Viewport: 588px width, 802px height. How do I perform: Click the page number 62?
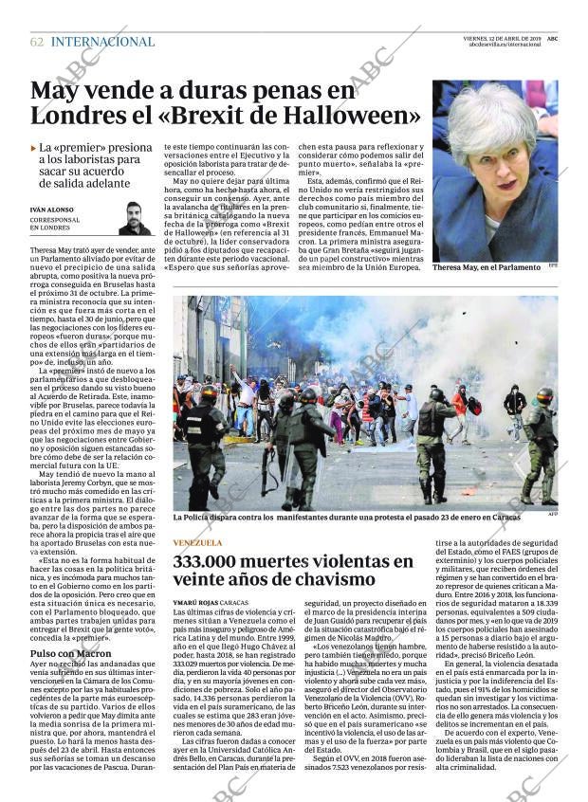[37, 42]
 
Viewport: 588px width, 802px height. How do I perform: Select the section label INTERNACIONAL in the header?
[102, 42]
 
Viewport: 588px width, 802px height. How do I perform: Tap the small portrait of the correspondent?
[135, 218]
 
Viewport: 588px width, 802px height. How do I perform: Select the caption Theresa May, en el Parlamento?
[486, 268]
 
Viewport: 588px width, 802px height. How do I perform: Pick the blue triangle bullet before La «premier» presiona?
[34, 148]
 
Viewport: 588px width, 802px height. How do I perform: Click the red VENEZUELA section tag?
[197, 543]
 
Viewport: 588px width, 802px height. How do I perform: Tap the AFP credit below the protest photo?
[552, 515]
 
